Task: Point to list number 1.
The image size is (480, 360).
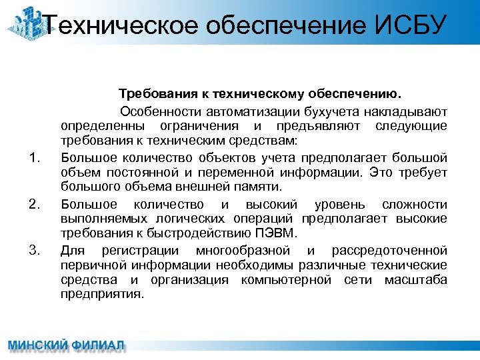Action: (36, 158)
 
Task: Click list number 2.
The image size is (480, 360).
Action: (36, 204)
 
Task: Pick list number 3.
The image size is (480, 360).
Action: (36, 251)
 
